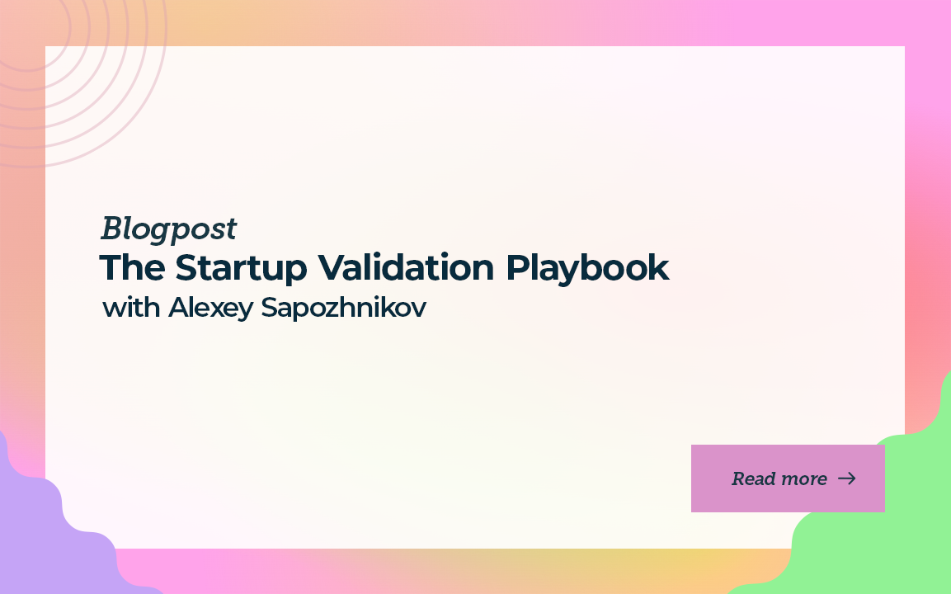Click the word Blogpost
169,229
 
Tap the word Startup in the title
239,269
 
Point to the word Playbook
587,268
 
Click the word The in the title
130,268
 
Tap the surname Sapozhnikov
344,308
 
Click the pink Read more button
788,478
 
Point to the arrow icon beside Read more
847,478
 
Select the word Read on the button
752,478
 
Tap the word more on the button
803,478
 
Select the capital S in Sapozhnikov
269,308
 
